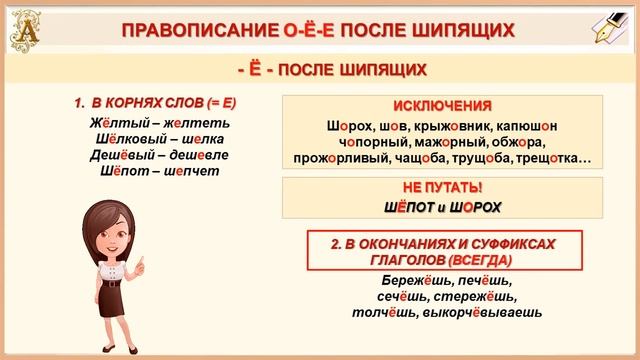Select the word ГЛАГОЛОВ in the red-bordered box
[391, 257]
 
